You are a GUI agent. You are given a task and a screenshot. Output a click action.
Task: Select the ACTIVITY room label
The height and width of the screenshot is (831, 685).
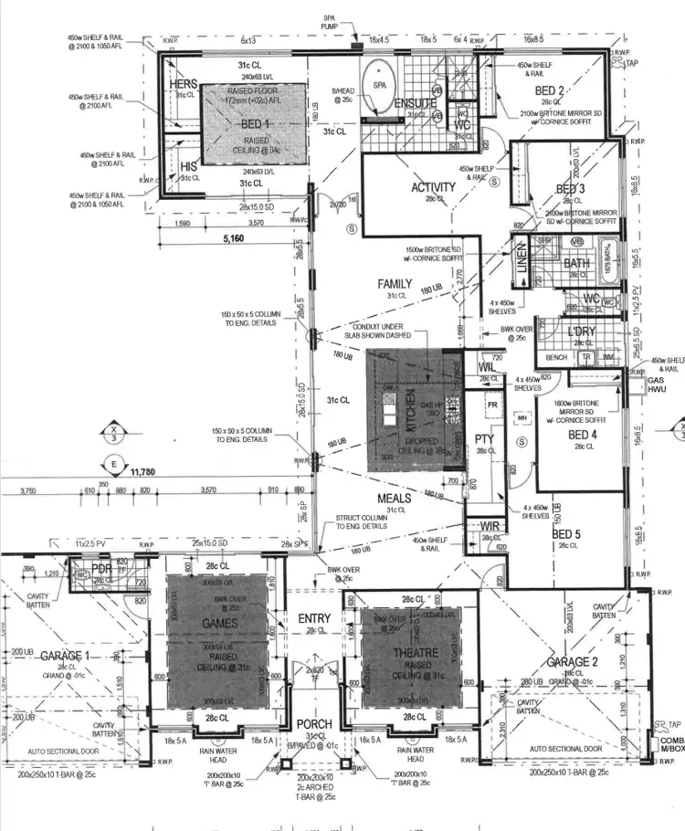(x=432, y=188)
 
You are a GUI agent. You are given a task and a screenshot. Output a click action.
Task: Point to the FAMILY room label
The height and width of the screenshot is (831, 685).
(x=395, y=284)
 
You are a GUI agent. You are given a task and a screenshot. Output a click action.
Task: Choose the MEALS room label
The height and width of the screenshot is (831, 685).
(x=395, y=499)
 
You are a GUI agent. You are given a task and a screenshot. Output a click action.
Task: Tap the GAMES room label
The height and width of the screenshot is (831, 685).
(x=220, y=624)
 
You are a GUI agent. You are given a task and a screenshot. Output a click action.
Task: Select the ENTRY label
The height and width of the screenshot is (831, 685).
(x=314, y=619)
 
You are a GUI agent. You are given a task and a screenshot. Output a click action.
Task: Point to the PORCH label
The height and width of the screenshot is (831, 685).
(x=314, y=724)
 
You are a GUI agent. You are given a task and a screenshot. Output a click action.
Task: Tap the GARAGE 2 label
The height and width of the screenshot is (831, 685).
(x=574, y=661)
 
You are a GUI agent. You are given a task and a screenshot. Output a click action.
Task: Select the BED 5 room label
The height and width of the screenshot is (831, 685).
(x=566, y=534)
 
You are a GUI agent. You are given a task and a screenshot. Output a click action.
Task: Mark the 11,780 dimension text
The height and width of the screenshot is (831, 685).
(x=144, y=472)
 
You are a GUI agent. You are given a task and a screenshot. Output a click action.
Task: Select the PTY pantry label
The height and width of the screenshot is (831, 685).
(x=484, y=439)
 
